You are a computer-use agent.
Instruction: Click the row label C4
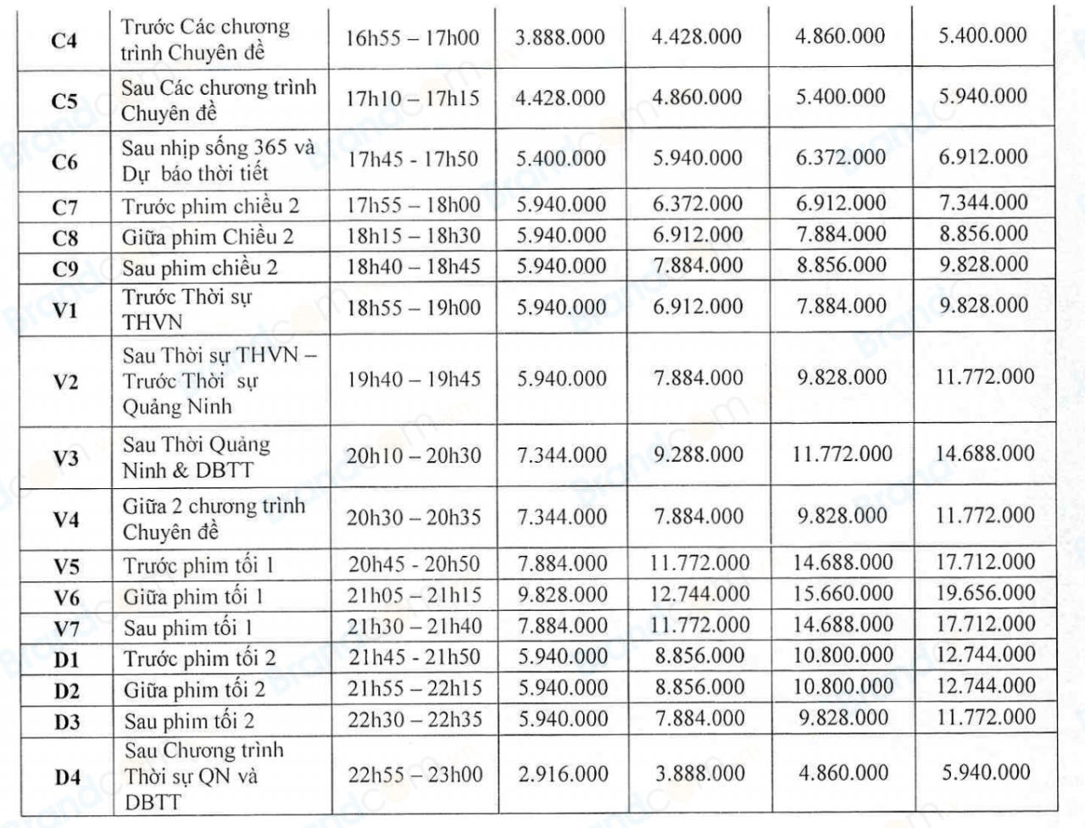point(64,40)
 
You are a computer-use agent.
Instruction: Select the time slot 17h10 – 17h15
point(412,97)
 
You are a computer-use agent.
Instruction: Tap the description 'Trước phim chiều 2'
point(210,206)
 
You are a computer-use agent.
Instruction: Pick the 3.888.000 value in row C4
point(560,37)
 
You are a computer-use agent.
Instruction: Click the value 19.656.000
point(985,592)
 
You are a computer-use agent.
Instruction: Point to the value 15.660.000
point(843,593)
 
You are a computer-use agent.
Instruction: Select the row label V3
point(65,458)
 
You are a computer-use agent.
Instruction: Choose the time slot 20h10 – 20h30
point(413,455)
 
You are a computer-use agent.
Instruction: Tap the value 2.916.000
point(563,774)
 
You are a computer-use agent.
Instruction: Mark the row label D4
point(68,776)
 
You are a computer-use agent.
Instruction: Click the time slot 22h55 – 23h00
point(415,774)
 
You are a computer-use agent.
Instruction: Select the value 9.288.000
point(698,454)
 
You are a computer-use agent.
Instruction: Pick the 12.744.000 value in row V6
point(699,593)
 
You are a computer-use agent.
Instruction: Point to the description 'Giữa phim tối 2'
point(194,690)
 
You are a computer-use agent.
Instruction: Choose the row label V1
point(65,310)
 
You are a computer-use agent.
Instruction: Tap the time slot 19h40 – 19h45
point(413,378)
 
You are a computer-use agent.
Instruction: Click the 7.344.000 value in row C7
point(983,203)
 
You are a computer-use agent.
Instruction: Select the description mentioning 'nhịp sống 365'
point(218,160)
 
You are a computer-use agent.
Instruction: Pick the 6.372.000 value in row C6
point(840,158)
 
